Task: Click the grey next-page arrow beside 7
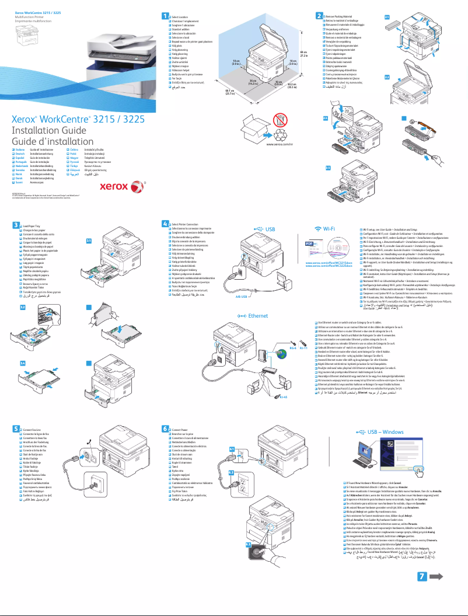(438, 591)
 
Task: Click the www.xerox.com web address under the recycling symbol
(279, 143)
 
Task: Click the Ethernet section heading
(257, 315)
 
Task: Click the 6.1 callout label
(232, 448)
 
